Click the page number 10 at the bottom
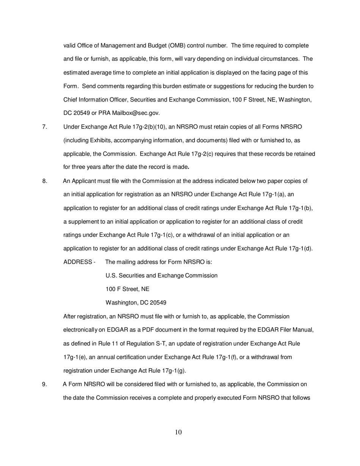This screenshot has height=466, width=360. (178, 432)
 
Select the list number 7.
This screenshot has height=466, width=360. (45, 127)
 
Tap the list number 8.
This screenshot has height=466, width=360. (45, 181)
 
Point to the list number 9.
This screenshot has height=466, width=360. (45, 385)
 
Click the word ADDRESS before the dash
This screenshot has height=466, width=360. (77, 262)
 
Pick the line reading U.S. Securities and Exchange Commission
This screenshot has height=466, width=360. (161, 276)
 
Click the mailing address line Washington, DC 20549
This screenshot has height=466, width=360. (136, 303)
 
